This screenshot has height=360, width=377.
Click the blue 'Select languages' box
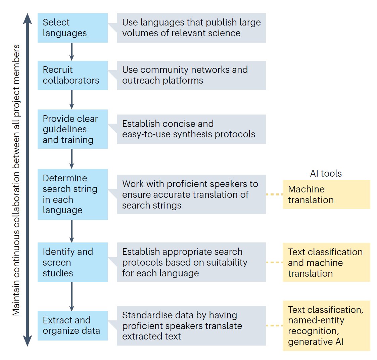pos(73,28)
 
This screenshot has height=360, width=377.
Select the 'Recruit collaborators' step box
pos(73,75)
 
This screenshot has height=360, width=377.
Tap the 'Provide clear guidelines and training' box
pos(73,129)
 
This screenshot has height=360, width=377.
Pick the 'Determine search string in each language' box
pos(73,194)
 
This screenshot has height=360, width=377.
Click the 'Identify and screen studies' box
pos(73,262)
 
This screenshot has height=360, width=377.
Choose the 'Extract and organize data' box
pos(73,325)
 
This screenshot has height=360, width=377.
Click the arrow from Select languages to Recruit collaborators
pos(72,52)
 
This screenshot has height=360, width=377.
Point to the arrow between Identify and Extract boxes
pos(72,296)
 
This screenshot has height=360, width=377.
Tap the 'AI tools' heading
pos(326,173)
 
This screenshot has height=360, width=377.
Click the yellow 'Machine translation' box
pos(326,194)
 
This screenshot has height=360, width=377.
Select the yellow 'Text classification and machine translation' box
pos(326,262)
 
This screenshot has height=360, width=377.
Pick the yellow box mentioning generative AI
pos(326,325)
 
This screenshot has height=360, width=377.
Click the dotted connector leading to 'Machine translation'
pos(274,194)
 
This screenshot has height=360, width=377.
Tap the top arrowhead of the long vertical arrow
pos(28,18)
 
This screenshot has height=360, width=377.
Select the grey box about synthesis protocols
pos(191,129)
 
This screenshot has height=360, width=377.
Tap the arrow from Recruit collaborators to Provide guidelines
pos(72,99)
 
